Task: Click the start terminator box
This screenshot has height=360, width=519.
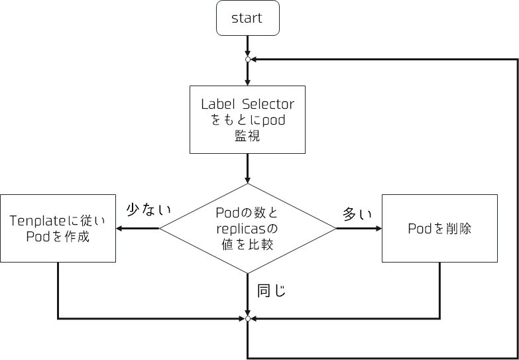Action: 247,18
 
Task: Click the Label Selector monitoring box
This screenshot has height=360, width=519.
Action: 247,120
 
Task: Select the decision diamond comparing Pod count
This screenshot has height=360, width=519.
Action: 247,228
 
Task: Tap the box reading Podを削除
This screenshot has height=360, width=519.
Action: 439,228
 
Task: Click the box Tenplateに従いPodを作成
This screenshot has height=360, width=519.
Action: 58,228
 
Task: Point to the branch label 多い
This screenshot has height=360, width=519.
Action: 357,213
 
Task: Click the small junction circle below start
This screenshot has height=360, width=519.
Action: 247,60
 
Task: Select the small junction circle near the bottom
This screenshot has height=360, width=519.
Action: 247,319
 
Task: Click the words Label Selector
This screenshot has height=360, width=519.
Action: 247,104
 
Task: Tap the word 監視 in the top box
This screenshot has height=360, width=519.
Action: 247,136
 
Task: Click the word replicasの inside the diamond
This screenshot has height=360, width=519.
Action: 247,228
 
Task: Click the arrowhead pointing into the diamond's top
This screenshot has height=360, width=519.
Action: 247,179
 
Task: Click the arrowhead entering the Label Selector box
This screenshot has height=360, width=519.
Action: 247,82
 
